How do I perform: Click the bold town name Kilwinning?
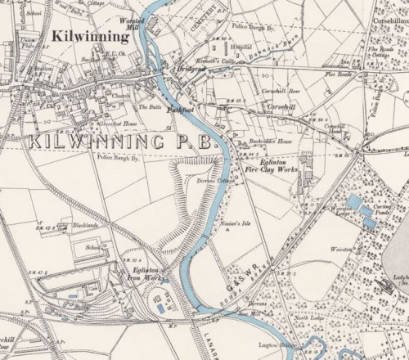pyautogui.click(x=89, y=37)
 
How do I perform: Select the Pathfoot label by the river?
pyautogui.click(x=179, y=108)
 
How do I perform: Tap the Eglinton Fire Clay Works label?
pyautogui.click(x=270, y=168)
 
